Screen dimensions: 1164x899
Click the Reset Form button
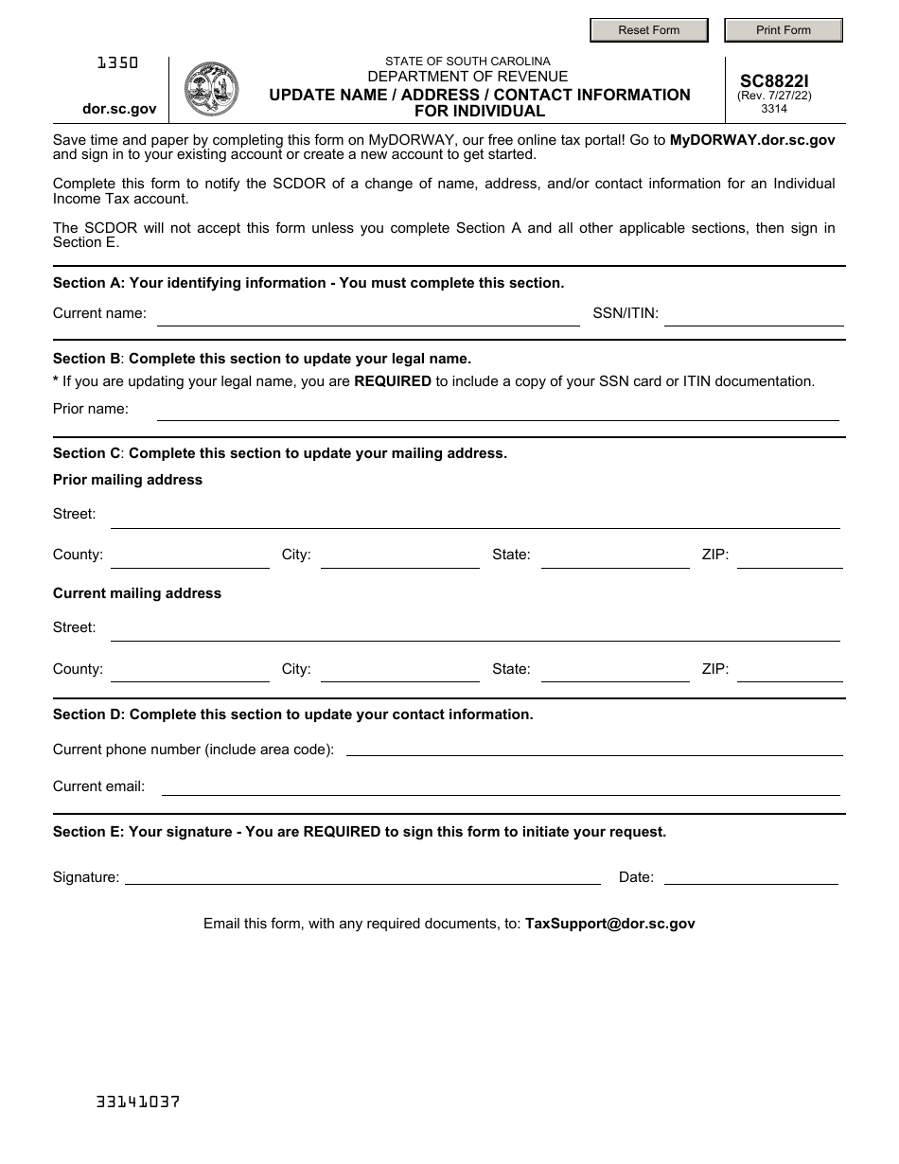[x=648, y=30]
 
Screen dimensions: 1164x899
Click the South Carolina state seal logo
[x=211, y=89]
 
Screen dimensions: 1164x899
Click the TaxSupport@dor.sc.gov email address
[x=609, y=924]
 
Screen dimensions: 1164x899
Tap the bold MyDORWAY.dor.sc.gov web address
[x=752, y=140]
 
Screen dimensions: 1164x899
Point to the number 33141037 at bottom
[x=138, y=1102]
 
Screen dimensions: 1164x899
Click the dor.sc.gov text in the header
[x=119, y=109]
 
